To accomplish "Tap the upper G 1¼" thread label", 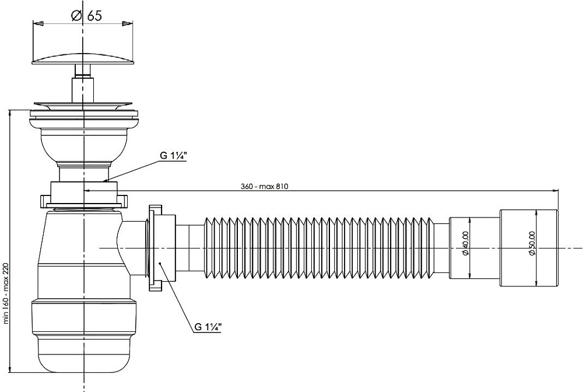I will point(173,156).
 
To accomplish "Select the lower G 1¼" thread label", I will point(208,327).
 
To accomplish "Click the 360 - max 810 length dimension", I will point(265,187).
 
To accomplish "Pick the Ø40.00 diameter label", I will point(466,247).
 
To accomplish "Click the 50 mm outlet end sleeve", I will point(529,247).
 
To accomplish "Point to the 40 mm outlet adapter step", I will point(473,247).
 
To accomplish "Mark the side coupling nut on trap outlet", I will point(157,247).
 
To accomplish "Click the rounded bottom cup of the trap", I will point(85,350).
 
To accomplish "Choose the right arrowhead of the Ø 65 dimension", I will point(127,24).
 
